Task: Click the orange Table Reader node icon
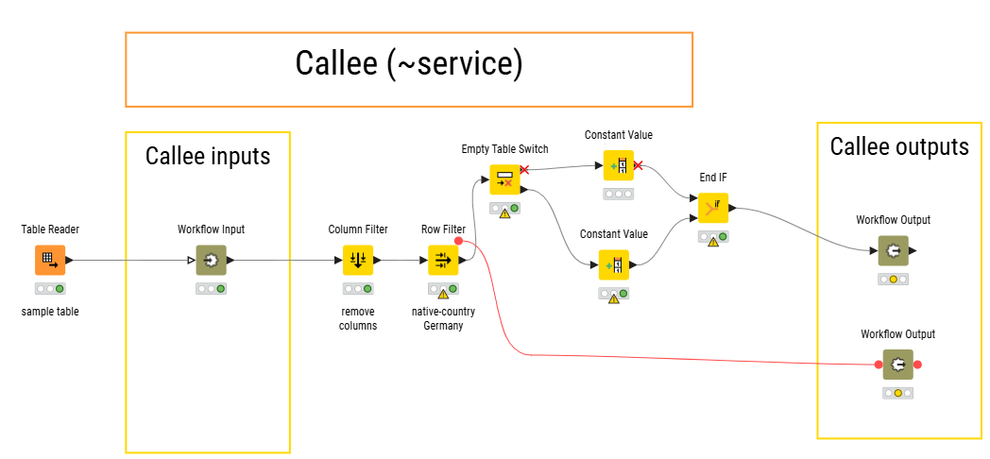[x=50, y=260]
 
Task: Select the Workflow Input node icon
[x=211, y=260]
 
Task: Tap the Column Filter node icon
[x=358, y=260]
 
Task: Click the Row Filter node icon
[x=443, y=260]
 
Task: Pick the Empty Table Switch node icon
[x=505, y=180]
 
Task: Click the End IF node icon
[x=713, y=208]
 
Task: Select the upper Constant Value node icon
[x=618, y=165]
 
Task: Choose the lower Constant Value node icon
[x=614, y=264]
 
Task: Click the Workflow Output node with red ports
[x=897, y=365]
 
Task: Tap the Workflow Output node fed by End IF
[x=894, y=250]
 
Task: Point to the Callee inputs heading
[x=208, y=155]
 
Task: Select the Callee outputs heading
[x=899, y=146]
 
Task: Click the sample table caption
[x=50, y=312]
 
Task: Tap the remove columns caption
[x=358, y=318]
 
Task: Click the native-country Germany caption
[x=443, y=318]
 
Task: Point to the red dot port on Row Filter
[x=459, y=241]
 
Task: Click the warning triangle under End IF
[x=713, y=242]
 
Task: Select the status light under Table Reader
[x=50, y=289]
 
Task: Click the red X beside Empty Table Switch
[x=524, y=170]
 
